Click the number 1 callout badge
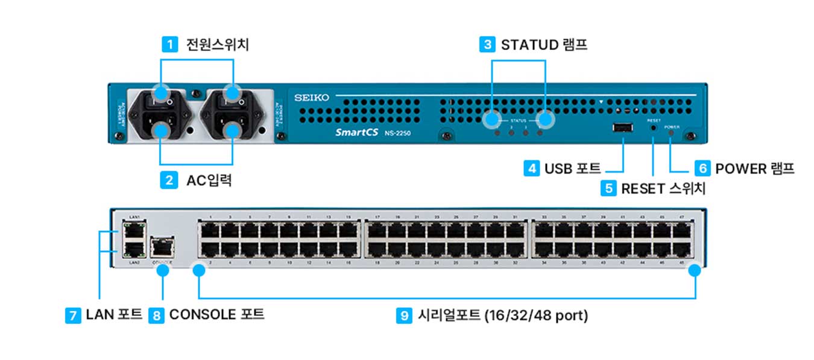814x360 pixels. tap(170, 44)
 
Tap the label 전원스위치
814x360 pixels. tap(218, 44)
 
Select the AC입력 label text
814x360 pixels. tap(209, 180)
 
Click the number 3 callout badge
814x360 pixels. tap(487, 44)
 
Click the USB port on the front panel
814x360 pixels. tap(622, 128)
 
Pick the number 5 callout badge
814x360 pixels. tap(608, 188)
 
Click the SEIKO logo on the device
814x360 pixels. tap(312, 97)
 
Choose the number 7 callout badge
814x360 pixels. tap(73, 315)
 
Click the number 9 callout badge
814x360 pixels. tap(404, 315)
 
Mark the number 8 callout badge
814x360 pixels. tap(156, 315)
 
